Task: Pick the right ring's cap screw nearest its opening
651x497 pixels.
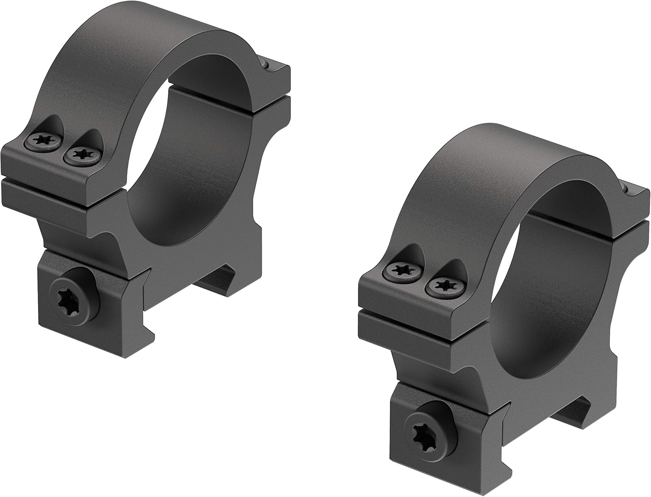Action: pos(443,285)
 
